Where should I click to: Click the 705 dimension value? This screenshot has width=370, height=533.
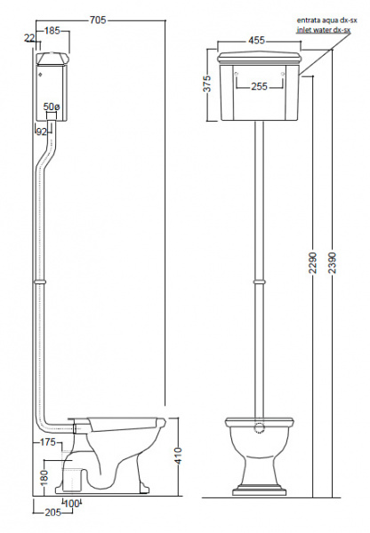coord(98,20)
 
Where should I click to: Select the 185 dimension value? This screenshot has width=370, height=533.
coord(52,31)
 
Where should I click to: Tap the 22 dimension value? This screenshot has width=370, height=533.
coord(29,37)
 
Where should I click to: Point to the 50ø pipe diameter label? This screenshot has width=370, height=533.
coord(52,107)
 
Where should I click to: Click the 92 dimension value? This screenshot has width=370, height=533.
coord(42,131)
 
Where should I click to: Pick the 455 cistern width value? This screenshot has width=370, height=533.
coord(256,41)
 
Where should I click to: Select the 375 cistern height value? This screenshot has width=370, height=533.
coord(207,84)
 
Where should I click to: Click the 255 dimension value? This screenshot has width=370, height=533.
coord(260,87)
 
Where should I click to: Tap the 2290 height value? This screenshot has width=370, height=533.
coord(312,262)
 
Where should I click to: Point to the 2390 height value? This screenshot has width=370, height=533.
coord(332,262)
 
